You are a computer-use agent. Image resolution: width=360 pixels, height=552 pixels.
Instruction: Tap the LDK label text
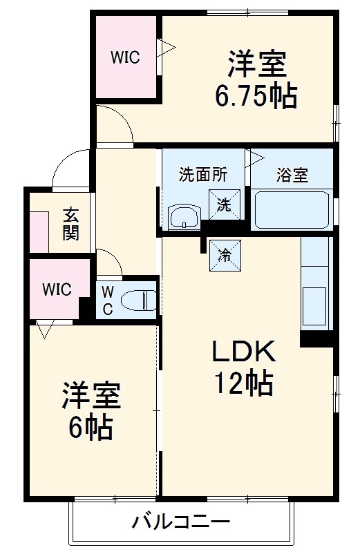tap(243, 352)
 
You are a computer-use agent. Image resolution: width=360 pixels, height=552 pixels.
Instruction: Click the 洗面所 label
tap(202, 175)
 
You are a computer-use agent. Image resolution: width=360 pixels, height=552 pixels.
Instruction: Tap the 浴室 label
tap(292, 175)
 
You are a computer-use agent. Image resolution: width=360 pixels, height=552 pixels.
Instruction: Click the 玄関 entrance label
tap(70, 223)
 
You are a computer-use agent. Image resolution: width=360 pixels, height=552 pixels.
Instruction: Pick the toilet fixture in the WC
tap(139, 301)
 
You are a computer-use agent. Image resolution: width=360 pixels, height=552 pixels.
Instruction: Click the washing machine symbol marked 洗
tap(223, 204)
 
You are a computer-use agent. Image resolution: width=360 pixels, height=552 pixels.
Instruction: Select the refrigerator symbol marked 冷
tap(224, 254)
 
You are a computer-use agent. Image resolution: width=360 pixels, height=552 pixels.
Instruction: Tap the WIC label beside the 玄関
tap(57, 289)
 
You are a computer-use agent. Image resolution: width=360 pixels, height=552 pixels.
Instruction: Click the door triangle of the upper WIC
tap(167, 48)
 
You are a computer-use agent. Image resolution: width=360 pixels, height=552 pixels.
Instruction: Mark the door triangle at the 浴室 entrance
tap(256, 157)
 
